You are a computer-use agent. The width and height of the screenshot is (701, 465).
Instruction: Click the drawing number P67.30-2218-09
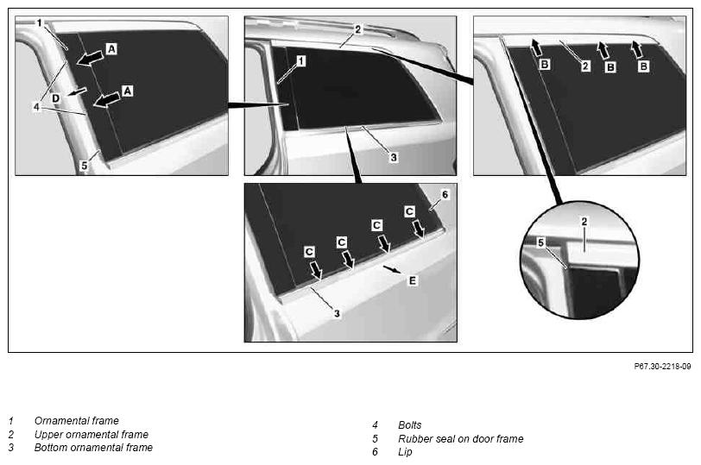(x=662, y=367)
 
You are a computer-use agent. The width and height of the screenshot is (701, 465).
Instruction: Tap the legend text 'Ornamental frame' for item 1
(x=77, y=421)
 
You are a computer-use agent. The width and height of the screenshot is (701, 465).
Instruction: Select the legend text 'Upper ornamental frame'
(x=92, y=434)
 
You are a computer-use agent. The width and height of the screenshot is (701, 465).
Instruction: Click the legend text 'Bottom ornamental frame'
(x=93, y=447)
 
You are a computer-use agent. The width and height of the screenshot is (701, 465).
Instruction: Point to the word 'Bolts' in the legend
(x=409, y=424)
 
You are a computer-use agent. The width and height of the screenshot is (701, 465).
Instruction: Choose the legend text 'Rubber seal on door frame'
(x=460, y=438)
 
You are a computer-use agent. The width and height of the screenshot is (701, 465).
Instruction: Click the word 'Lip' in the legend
(x=405, y=452)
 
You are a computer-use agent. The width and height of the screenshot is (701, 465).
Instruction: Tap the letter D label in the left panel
(x=55, y=97)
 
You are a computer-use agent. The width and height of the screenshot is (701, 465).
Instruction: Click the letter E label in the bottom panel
(x=412, y=280)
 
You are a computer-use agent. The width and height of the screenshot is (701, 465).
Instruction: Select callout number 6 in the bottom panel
(x=445, y=195)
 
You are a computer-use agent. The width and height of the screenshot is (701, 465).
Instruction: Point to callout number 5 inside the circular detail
(x=541, y=242)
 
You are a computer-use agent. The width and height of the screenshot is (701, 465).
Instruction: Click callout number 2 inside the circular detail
(x=584, y=221)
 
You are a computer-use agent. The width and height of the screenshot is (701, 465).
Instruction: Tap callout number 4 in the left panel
(x=36, y=107)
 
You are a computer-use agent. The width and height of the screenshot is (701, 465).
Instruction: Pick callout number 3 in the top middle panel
(x=394, y=157)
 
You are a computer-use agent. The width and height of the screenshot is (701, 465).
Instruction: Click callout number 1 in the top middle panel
(x=301, y=60)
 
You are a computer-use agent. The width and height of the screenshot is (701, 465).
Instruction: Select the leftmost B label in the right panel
(x=545, y=65)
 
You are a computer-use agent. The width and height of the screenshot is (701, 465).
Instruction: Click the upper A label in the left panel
(x=111, y=48)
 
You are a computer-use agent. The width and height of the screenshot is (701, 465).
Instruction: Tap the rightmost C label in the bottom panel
(x=409, y=211)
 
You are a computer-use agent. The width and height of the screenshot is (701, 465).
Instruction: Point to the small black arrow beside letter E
(x=393, y=270)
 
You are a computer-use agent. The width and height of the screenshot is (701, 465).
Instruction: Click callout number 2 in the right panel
(x=585, y=66)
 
